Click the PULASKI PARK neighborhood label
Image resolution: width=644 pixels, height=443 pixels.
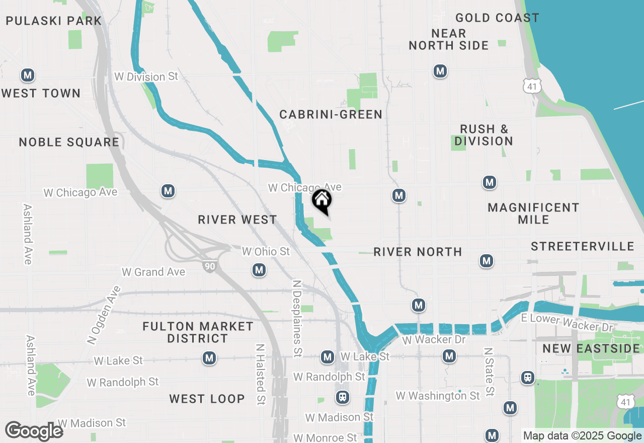pos(54,21)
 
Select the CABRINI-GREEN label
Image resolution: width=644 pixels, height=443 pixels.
pos(331,115)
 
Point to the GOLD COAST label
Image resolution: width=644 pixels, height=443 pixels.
pos(497,18)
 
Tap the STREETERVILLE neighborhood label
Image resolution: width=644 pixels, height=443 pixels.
pos(583,247)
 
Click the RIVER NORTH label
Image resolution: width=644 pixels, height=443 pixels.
pos(418,252)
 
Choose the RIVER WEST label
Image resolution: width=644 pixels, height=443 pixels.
pos(237,220)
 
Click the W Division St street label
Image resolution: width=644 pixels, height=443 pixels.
pos(146,77)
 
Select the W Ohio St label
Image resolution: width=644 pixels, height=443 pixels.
pos(266,251)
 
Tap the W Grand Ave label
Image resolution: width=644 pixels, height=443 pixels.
pos(153,272)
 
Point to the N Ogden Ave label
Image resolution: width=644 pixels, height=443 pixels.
pos(104,316)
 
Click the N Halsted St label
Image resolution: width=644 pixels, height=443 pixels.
pos(260,375)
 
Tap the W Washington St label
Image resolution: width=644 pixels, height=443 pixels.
pos(438,396)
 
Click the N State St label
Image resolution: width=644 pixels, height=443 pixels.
pos(489,372)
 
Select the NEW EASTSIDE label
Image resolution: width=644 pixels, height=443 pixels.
pos(591,349)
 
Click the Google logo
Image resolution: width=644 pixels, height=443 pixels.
pos(34,431)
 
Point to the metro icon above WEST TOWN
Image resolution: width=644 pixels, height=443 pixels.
pos(28,76)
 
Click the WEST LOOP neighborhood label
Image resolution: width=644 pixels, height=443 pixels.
pos(207,399)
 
